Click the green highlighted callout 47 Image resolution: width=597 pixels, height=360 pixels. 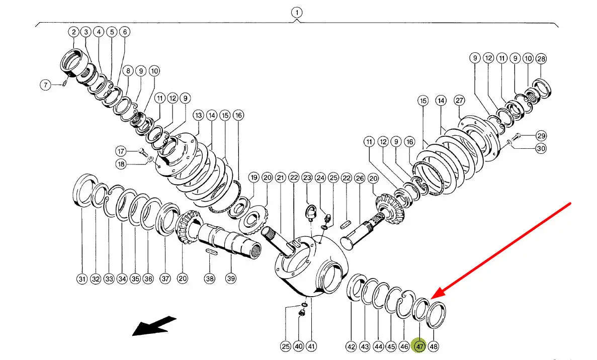[419, 346]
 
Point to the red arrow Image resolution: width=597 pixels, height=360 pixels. [503, 249]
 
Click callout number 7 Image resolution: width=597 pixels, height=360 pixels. [46, 85]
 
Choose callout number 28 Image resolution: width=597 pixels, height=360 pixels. [541, 59]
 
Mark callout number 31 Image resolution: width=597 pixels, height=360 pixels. [82, 279]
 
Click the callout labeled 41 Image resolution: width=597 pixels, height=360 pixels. [311, 346]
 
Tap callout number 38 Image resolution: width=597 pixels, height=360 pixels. [209, 278]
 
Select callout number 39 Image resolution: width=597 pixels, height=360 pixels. [230, 278]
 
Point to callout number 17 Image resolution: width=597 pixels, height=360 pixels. [121, 150]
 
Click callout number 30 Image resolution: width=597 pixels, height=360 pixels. [541, 148]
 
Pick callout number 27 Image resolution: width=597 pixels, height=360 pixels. [459, 101]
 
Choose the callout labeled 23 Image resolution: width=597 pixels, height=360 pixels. [307, 177]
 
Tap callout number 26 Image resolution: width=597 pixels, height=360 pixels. [359, 177]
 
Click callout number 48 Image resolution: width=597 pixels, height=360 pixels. [434, 346]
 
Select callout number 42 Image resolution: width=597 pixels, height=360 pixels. [351, 346]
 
